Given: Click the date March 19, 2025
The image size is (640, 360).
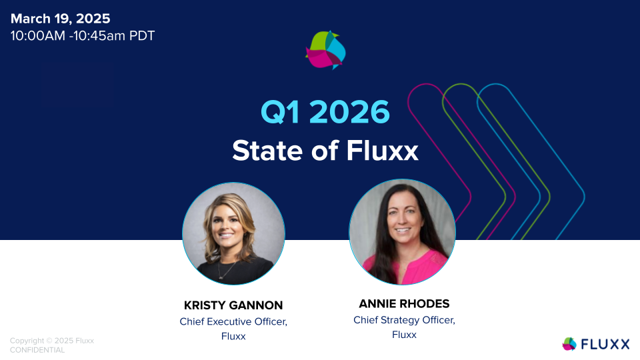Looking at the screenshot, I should coord(61,19).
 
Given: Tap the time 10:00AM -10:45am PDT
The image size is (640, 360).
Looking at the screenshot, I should coord(83,36).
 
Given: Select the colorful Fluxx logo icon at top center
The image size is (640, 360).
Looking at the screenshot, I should coord(326,49).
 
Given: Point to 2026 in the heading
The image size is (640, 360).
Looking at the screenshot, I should coord(349,112).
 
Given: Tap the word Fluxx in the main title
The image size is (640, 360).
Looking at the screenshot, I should coord(383,151).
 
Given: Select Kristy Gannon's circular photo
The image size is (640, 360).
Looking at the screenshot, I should coord(233,233).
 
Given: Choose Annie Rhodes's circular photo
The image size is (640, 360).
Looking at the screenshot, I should coord(402,231).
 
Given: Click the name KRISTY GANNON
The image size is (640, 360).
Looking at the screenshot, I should coord(233,305).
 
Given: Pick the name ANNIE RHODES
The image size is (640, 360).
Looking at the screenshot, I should coord(404,304).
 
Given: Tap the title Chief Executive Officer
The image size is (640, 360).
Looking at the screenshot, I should coord(233,321).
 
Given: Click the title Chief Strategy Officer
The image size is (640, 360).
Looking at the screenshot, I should coord(404,320).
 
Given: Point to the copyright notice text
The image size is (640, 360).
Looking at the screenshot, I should coord(52,341).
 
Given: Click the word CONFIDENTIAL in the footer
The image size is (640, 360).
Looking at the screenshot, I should coord(37,350).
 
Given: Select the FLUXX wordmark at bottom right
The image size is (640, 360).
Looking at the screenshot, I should coord(605,344).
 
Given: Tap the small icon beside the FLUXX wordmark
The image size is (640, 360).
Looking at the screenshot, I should coord(569,344).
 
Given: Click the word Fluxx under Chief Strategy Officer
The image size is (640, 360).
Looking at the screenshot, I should coord(404,335).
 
